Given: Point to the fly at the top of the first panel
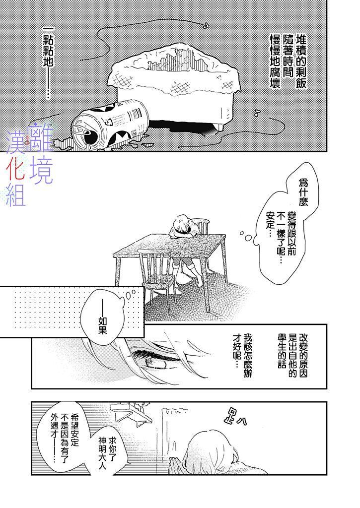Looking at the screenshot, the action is click(205, 26).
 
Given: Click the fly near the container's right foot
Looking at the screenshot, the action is click(258, 113).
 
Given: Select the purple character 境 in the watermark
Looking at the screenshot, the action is click(41, 171).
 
